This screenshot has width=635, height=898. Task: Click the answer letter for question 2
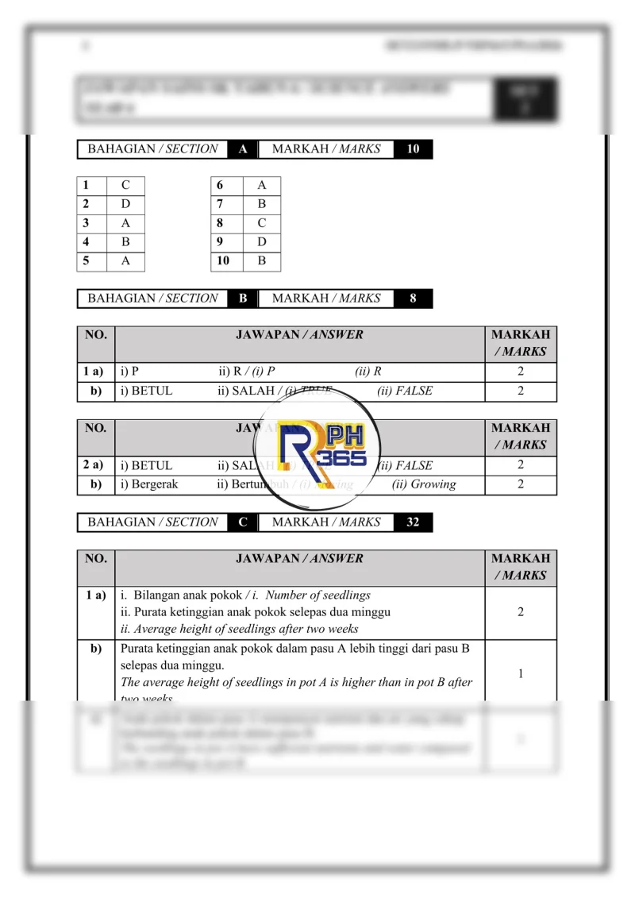(125, 205)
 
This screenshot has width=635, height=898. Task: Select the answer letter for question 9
(262, 242)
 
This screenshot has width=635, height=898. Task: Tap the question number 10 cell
(223, 261)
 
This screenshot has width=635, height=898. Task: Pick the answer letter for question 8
(262, 224)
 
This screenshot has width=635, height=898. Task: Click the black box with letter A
(243, 149)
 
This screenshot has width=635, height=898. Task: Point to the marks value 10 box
(413, 149)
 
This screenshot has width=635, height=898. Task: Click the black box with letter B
(243, 299)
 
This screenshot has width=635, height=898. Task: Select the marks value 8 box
(413, 299)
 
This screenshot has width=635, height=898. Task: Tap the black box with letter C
(243, 522)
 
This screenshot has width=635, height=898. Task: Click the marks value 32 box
(413, 522)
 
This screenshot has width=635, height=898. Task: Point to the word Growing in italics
(424, 484)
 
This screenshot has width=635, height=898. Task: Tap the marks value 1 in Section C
(520, 674)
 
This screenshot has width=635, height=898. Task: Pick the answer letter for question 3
(125, 224)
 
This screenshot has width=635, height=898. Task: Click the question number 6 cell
(223, 186)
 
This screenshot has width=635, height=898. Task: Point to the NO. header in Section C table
(95, 559)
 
